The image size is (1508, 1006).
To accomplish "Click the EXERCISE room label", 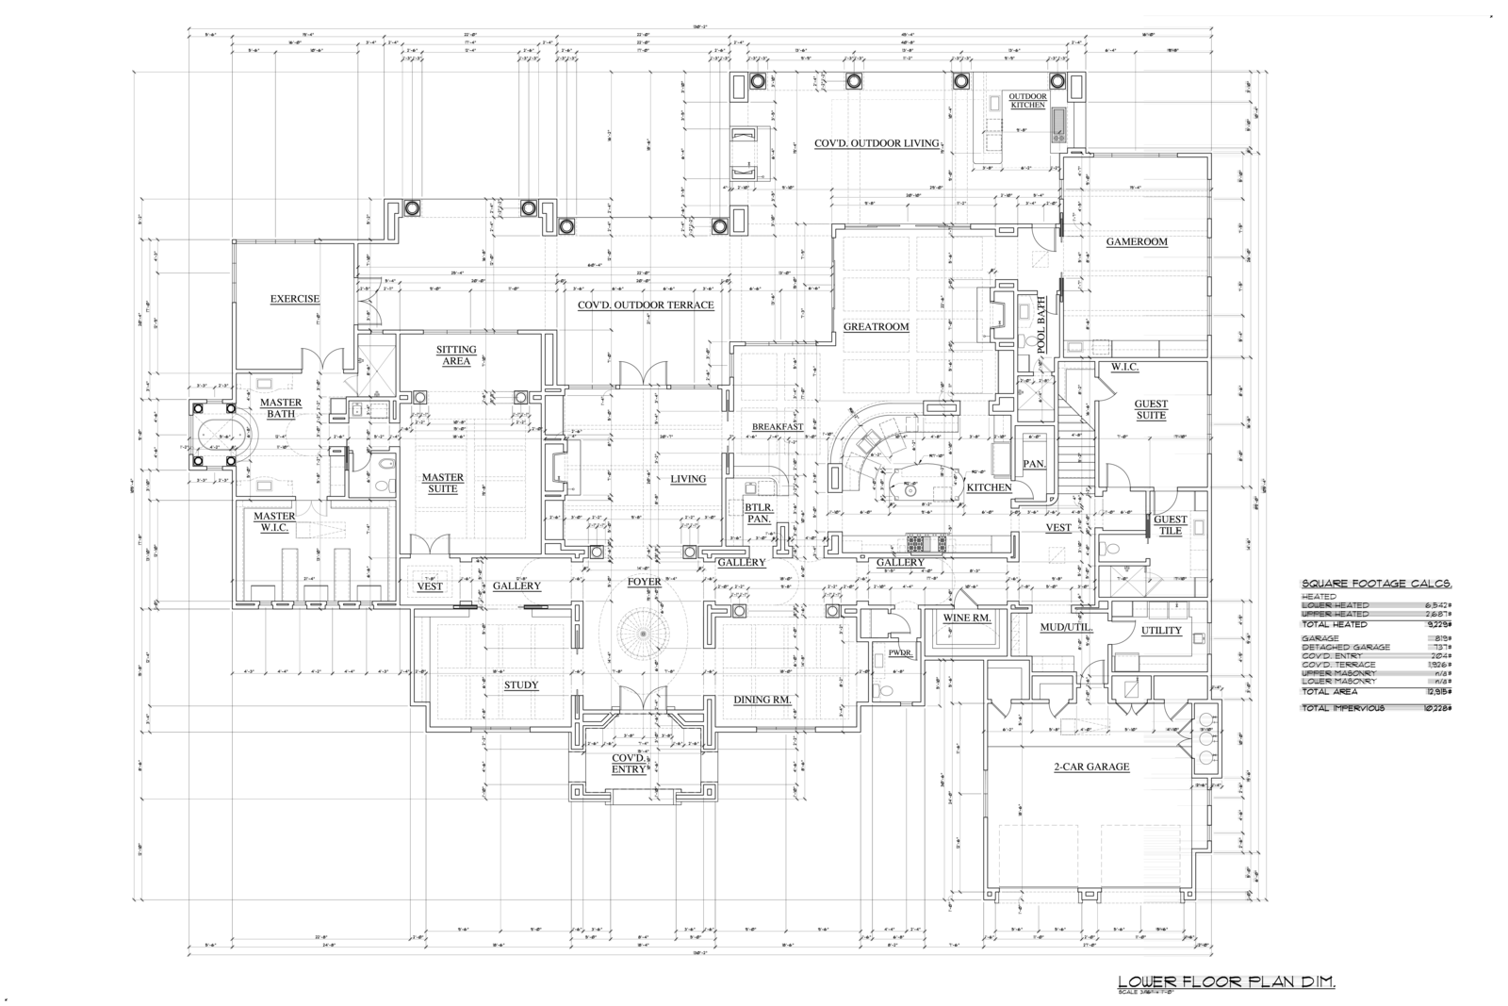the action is click(x=295, y=299).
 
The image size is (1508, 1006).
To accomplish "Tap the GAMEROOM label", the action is click(x=1137, y=241).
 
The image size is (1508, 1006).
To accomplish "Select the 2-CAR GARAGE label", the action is click(x=1091, y=767).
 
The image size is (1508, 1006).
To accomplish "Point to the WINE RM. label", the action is click(x=966, y=618).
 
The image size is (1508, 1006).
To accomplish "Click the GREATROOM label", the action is click(x=876, y=327).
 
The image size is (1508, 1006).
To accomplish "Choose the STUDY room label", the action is click(x=521, y=684).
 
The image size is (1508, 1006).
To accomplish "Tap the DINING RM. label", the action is click(x=762, y=700).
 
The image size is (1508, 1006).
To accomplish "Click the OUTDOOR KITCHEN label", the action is click(x=1027, y=101).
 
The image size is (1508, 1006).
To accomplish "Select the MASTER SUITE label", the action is click(x=442, y=483).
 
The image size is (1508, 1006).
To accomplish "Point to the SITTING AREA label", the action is click(x=456, y=355).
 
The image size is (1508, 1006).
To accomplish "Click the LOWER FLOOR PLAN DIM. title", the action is click(x=1225, y=981).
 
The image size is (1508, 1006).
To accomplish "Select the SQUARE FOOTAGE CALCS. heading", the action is click(x=1375, y=585).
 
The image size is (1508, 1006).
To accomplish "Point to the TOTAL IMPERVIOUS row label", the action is click(x=1343, y=708).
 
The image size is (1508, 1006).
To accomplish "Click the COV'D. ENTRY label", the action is click(x=629, y=764).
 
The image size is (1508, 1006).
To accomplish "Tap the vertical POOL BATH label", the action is click(x=1041, y=323).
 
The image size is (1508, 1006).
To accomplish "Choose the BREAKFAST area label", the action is click(x=778, y=426).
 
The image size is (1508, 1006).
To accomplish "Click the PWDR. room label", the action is click(x=888, y=651).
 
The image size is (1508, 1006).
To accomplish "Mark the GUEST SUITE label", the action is click(x=1151, y=409).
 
